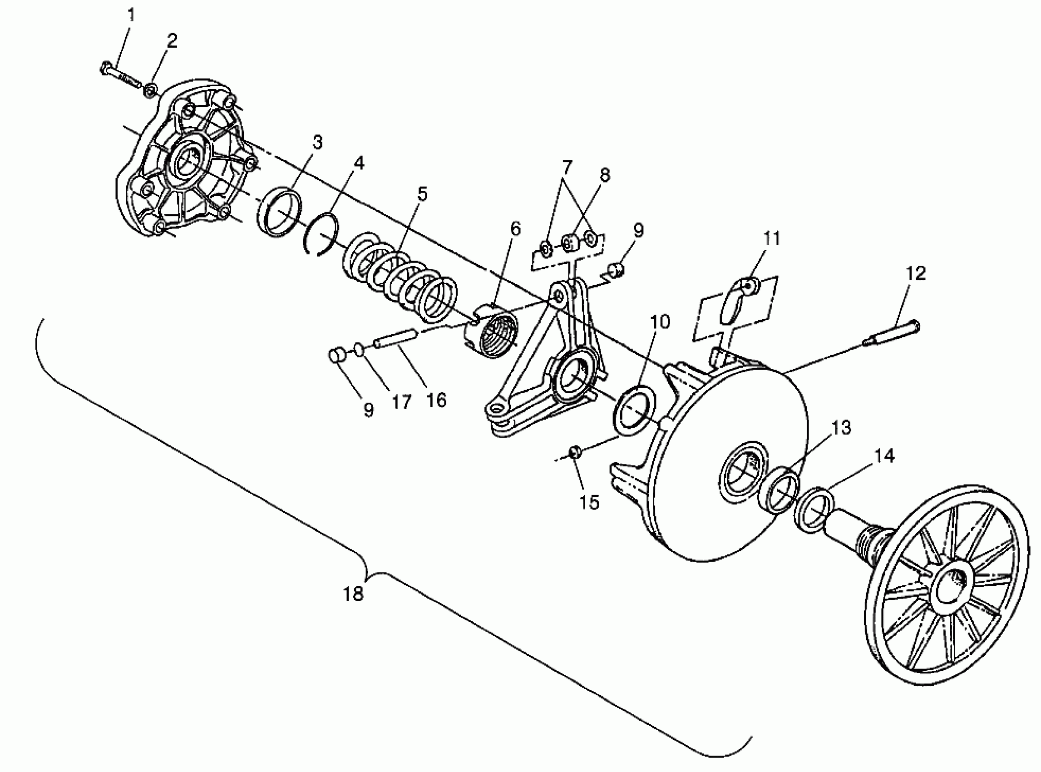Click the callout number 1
click(x=131, y=15)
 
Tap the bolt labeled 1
click(x=119, y=76)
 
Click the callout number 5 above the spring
click(x=422, y=194)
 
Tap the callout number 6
click(x=515, y=228)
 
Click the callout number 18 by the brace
click(x=353, y=594)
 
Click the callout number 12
click(x=916, y=273)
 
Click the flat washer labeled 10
click(x=635, y=411)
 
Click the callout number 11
click(x=772, y=238)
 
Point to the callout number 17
click(x=401, y=402)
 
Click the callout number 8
click(x=605, y=175)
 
